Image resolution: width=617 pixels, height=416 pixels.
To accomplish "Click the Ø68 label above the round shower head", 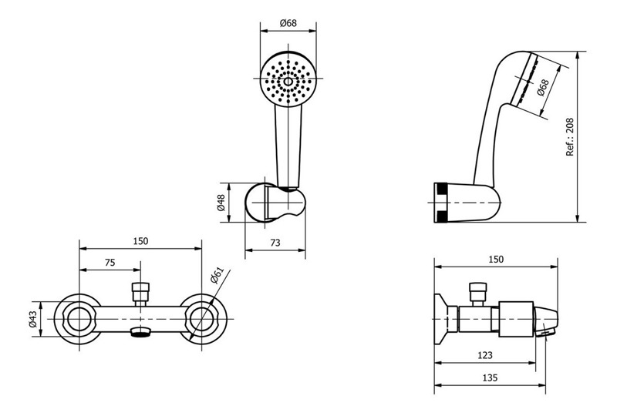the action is (288, 23).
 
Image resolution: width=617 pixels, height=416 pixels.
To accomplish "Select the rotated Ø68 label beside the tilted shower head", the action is (543, 88).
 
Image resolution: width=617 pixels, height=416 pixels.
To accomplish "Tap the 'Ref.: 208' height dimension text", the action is (570, 137).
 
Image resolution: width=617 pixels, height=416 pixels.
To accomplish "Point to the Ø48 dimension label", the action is (221, 203).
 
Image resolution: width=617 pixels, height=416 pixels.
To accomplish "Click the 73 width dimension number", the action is (275, 243).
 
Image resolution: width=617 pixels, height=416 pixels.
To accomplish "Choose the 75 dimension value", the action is (110, 262).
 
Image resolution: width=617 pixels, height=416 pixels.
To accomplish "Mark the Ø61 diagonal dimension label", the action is (217, 275).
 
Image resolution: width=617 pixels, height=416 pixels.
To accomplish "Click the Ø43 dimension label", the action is (32, 319).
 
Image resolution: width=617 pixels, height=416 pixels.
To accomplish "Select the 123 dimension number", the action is (485, 355).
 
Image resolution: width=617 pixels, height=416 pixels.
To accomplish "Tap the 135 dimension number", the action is (490, 377).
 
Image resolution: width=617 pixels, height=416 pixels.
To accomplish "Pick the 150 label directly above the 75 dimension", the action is (140, 240).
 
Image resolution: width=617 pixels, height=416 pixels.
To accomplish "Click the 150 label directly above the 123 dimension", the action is (496, 259).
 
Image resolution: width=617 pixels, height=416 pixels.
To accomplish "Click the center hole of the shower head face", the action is (288, 82).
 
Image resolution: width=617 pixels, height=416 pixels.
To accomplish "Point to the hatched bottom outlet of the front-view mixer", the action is (140, 333).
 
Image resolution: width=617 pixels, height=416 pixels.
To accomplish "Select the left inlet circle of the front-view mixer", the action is (79, 319).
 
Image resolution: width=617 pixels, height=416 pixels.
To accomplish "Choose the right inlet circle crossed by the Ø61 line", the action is (201, 319).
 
